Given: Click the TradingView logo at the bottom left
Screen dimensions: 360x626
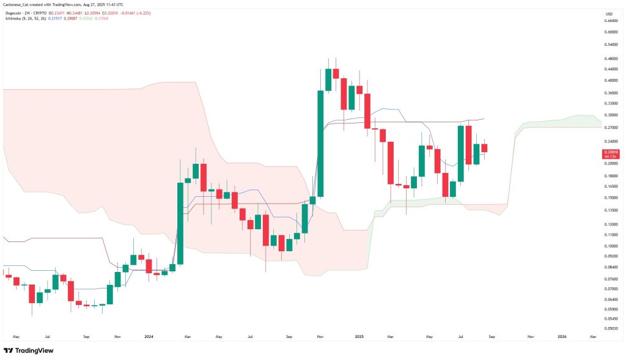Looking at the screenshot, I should click(x=29, y=350).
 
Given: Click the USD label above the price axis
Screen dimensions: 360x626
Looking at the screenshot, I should click(x=609, y=13).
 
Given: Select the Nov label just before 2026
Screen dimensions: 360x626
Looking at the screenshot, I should click(x=531, y=336).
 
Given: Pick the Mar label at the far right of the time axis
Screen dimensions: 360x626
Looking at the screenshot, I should click(x=592, y=336).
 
